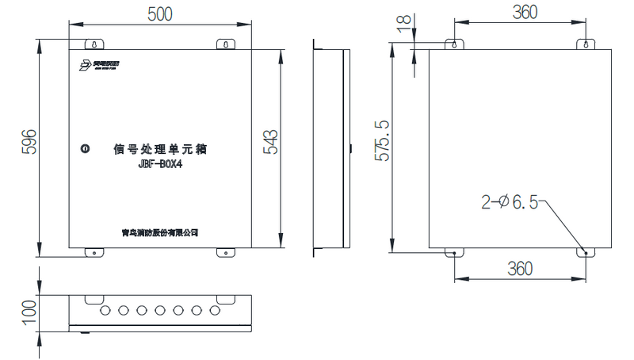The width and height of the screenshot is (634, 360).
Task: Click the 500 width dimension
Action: click(159, 13)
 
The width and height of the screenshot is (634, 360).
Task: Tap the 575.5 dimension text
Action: click(382, 141)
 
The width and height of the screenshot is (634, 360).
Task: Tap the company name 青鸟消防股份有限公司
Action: click(158, 232)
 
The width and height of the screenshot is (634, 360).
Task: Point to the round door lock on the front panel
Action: click(85, 147)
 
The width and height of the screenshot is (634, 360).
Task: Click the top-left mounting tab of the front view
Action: click(94, 44)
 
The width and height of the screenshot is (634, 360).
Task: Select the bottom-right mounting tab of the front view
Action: click(225, 253)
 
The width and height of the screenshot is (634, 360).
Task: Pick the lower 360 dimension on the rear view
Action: click(519, 269)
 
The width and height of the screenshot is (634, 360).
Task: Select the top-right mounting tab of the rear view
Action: click(586, 44)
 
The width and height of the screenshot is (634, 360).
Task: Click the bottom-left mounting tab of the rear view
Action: click(453, 253)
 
